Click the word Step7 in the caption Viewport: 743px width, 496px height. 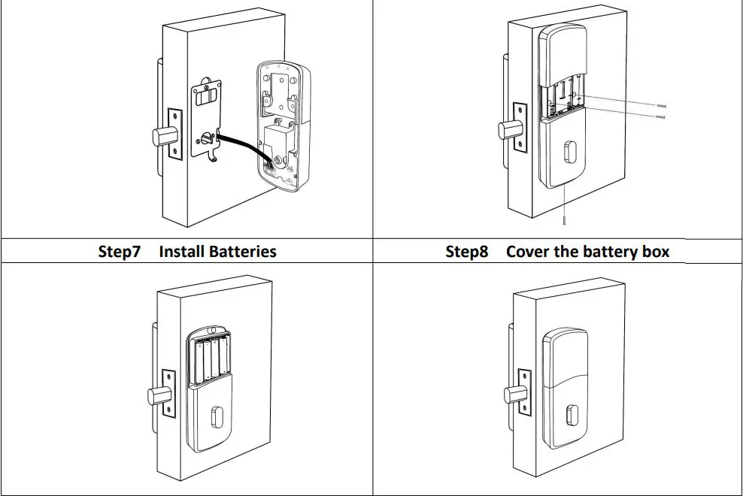[x=119, y=251]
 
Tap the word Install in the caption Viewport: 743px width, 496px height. [x=181, y=251]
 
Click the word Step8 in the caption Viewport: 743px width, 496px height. [x=466, y=251]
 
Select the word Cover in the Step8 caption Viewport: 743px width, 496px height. [x=527, y=251]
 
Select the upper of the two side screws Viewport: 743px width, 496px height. [x=660, y=107]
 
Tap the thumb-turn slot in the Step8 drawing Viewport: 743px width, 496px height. [x=572, y=413]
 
